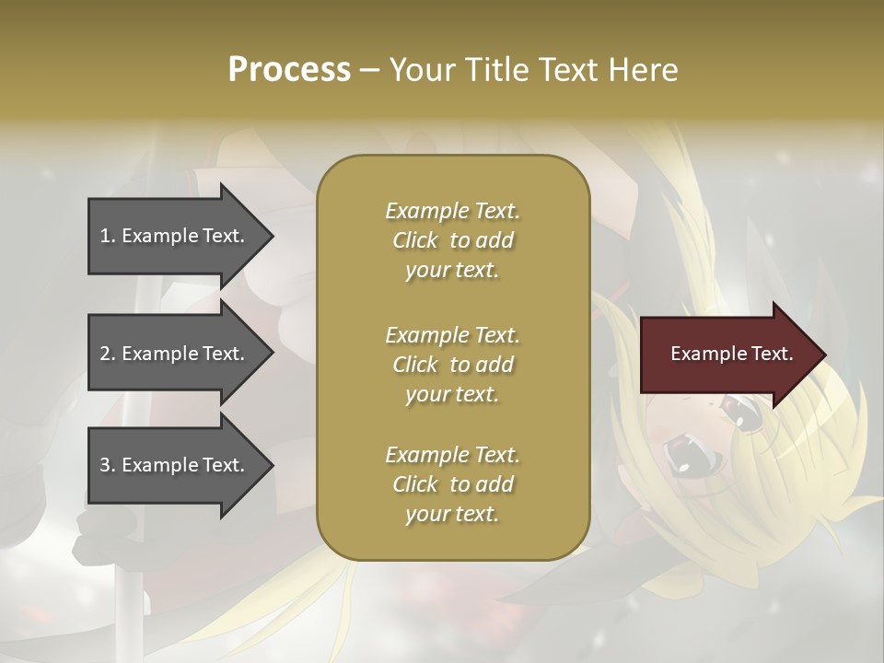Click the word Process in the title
[289, 70]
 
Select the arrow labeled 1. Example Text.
[175, 236]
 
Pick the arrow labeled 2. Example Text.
[175, 354]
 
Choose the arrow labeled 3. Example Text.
[175, 465]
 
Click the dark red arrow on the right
[727, 355]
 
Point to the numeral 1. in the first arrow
[108, 236]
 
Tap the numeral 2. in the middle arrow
[108, 354]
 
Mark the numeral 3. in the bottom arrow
[108, 465]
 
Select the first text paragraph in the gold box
[452, 240]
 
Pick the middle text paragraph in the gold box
[452, 365]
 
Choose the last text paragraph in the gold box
[452, 484]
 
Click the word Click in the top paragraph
[415, 240]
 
